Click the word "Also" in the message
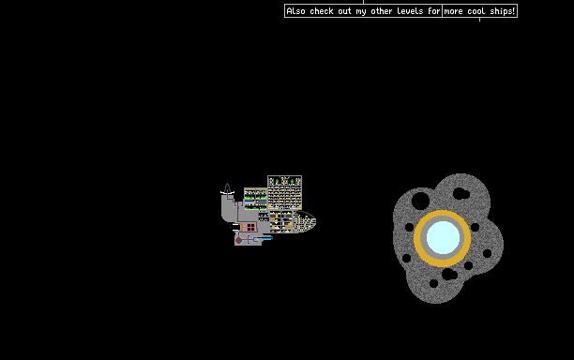(295, 11)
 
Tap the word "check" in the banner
(322, 11)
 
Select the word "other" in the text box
(381, 11)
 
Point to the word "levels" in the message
(410, 11)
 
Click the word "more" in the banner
(453, 11)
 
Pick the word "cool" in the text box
(476, 11)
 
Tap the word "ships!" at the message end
(503, 11)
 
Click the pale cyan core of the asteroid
(443, 238)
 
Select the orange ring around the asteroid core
(442, 213)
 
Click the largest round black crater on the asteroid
(420, 201)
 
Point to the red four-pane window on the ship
(250, 227)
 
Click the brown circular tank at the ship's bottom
(238, 240)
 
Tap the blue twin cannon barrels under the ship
(264, 238)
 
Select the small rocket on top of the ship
(227, 188)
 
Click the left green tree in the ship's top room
(277, 181)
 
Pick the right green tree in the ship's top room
(292, 181)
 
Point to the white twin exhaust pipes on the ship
(236, 227)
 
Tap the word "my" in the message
(361, 11)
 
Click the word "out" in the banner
(345, 11)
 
